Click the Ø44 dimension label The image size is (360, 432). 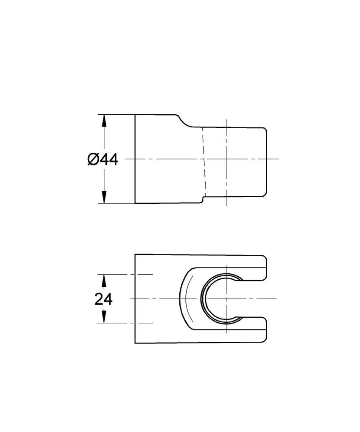103,159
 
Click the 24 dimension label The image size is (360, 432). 103,299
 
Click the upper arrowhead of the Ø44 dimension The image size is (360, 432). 104,121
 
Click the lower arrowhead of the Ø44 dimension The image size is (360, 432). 104,197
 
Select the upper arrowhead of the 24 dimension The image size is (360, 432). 104,281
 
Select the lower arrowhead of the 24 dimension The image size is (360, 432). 104,316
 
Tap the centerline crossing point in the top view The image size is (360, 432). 226,159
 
